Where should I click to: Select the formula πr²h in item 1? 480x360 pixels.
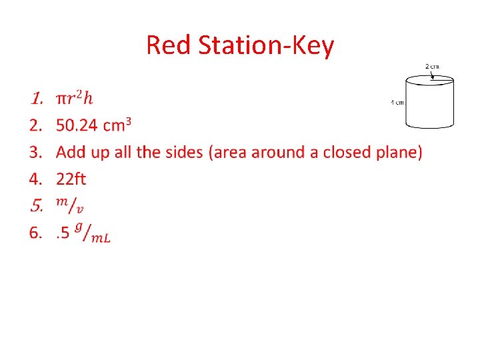[x=75, y=99]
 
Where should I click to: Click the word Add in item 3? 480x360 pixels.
[x=71, y=152]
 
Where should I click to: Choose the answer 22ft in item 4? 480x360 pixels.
[x=71, y=179]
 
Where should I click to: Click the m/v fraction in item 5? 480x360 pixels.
[x=70, y=205]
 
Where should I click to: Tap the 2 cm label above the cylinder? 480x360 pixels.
[x=433, y=66]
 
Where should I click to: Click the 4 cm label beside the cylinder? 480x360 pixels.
[x=397, y=102]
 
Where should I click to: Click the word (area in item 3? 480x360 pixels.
[x=227, y=152]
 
